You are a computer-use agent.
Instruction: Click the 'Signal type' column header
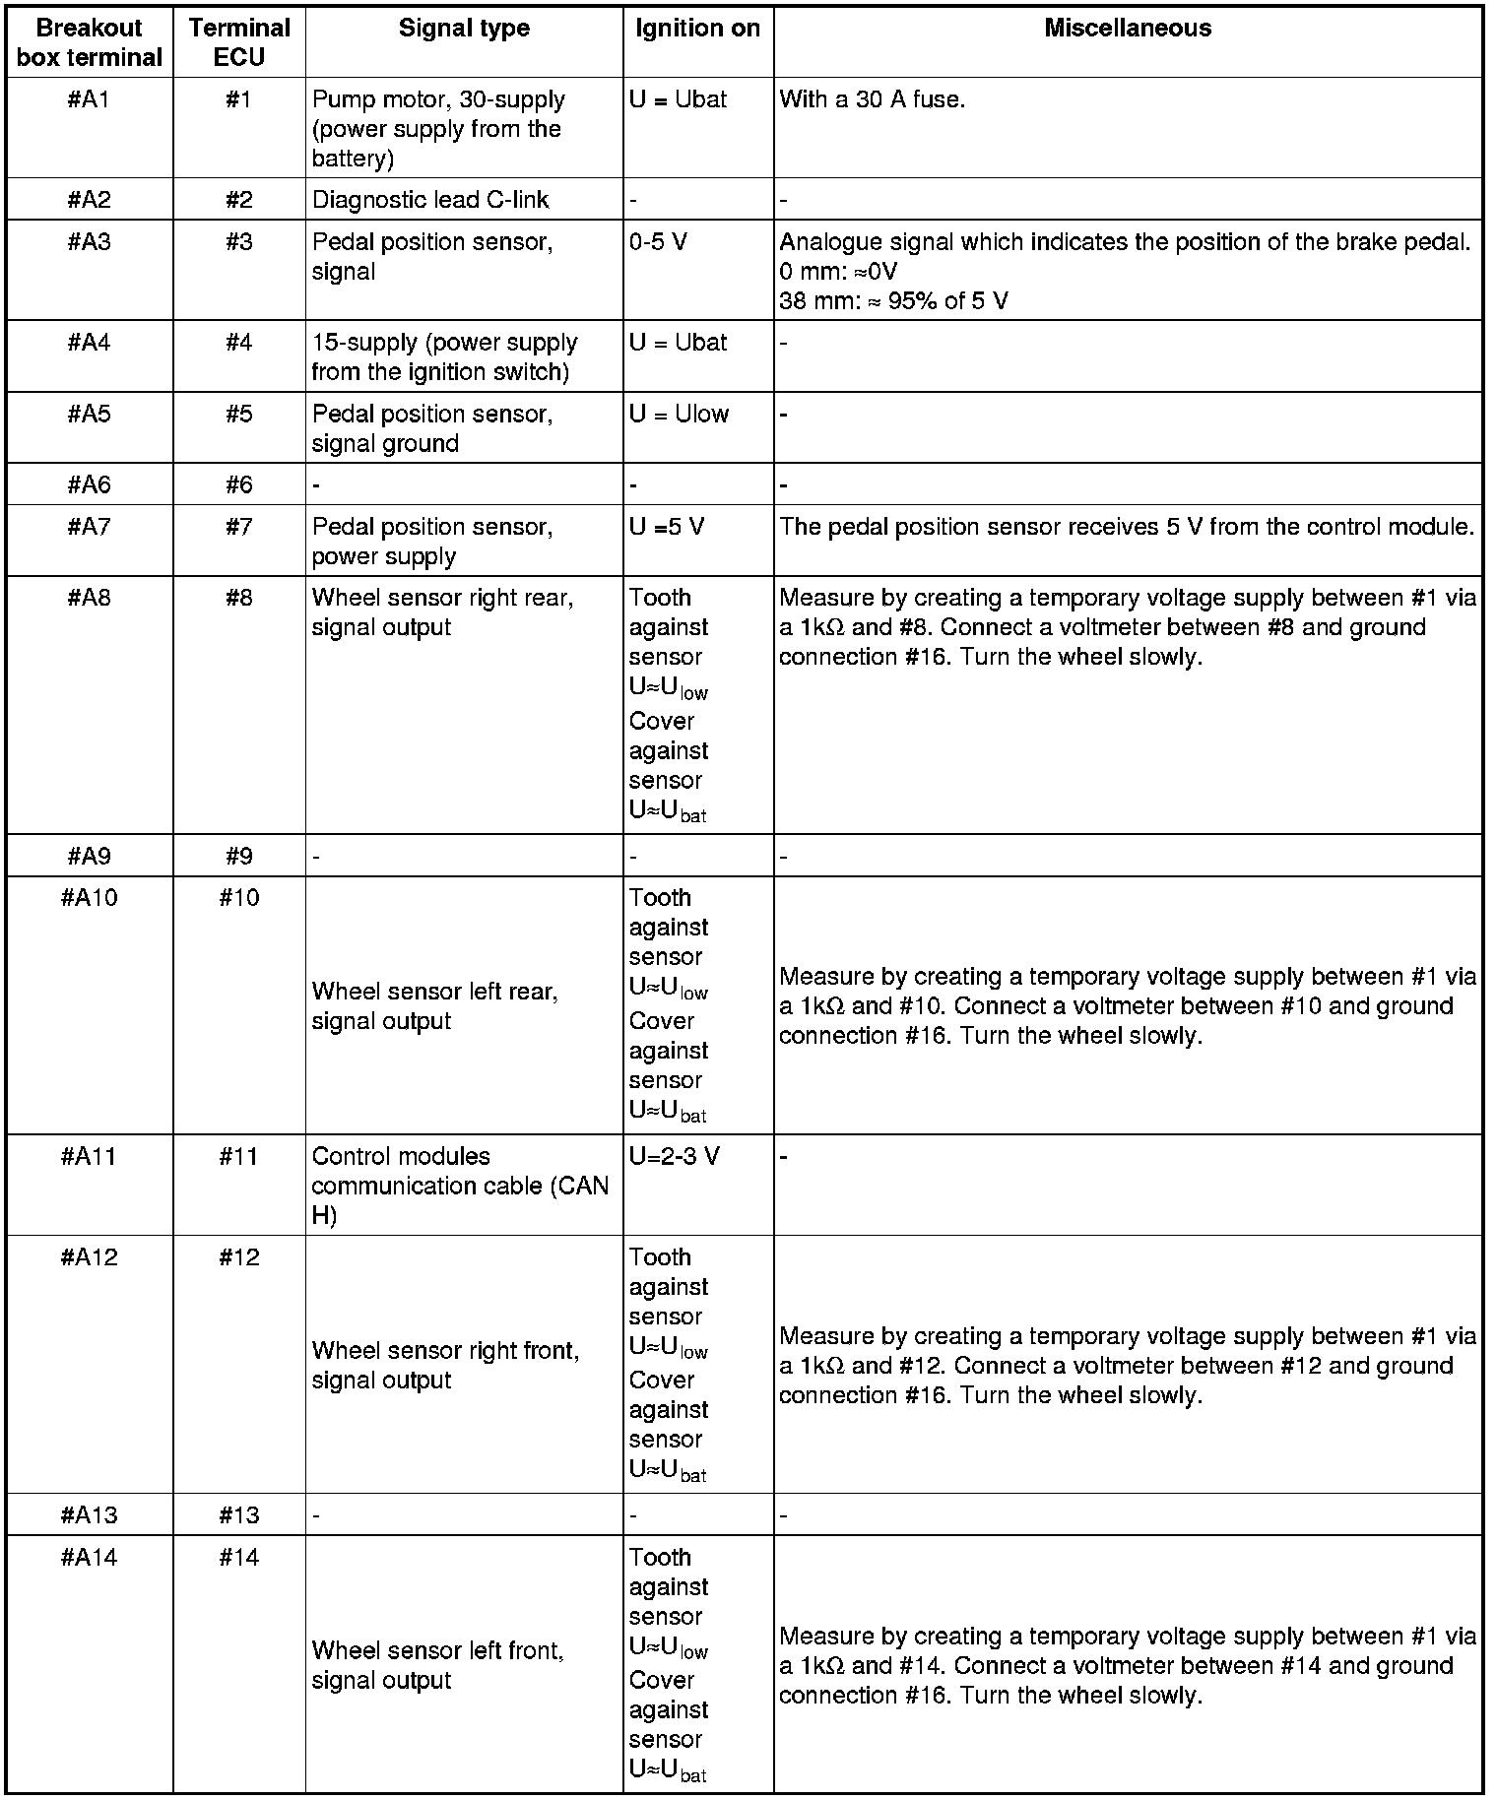(464, 29)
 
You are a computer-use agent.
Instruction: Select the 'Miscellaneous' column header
(1128, 29)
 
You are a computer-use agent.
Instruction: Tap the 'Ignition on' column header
(697, 29)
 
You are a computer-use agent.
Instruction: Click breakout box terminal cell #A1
(89, 100)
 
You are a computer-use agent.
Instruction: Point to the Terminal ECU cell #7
(238, 528)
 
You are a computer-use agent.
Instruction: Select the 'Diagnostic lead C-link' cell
(430, 200)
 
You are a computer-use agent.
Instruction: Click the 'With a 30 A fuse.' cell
(872, 100)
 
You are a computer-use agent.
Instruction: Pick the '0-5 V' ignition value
(658, 242)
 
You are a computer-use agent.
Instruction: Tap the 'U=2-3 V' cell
(675, 1156)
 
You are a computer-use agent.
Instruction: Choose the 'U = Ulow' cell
(679, 415)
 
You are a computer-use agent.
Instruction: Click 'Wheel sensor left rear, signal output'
(434, 1005)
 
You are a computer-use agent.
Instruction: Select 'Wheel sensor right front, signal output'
(445, 1365)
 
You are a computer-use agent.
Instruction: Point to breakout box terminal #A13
(89, 1514)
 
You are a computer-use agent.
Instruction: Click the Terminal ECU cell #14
(238, 1557)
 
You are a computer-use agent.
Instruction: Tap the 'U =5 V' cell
(667, 528)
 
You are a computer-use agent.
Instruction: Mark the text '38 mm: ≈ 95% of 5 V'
(893, 301)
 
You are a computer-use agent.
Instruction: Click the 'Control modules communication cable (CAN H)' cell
(460, 1186)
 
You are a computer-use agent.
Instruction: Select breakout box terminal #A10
(89, 898)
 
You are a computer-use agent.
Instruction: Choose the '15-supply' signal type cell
(444, 356)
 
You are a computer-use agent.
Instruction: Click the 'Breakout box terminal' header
(89, 42)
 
